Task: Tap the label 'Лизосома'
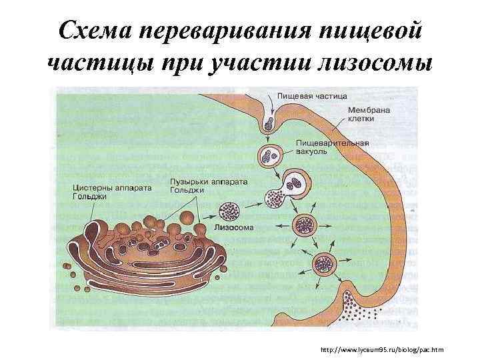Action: tap(232, 227)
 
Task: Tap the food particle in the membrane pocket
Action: tap(269, 123)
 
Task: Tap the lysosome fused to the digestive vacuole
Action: tap(276, 197)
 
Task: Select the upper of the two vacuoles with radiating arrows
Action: tap(308, 225)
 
